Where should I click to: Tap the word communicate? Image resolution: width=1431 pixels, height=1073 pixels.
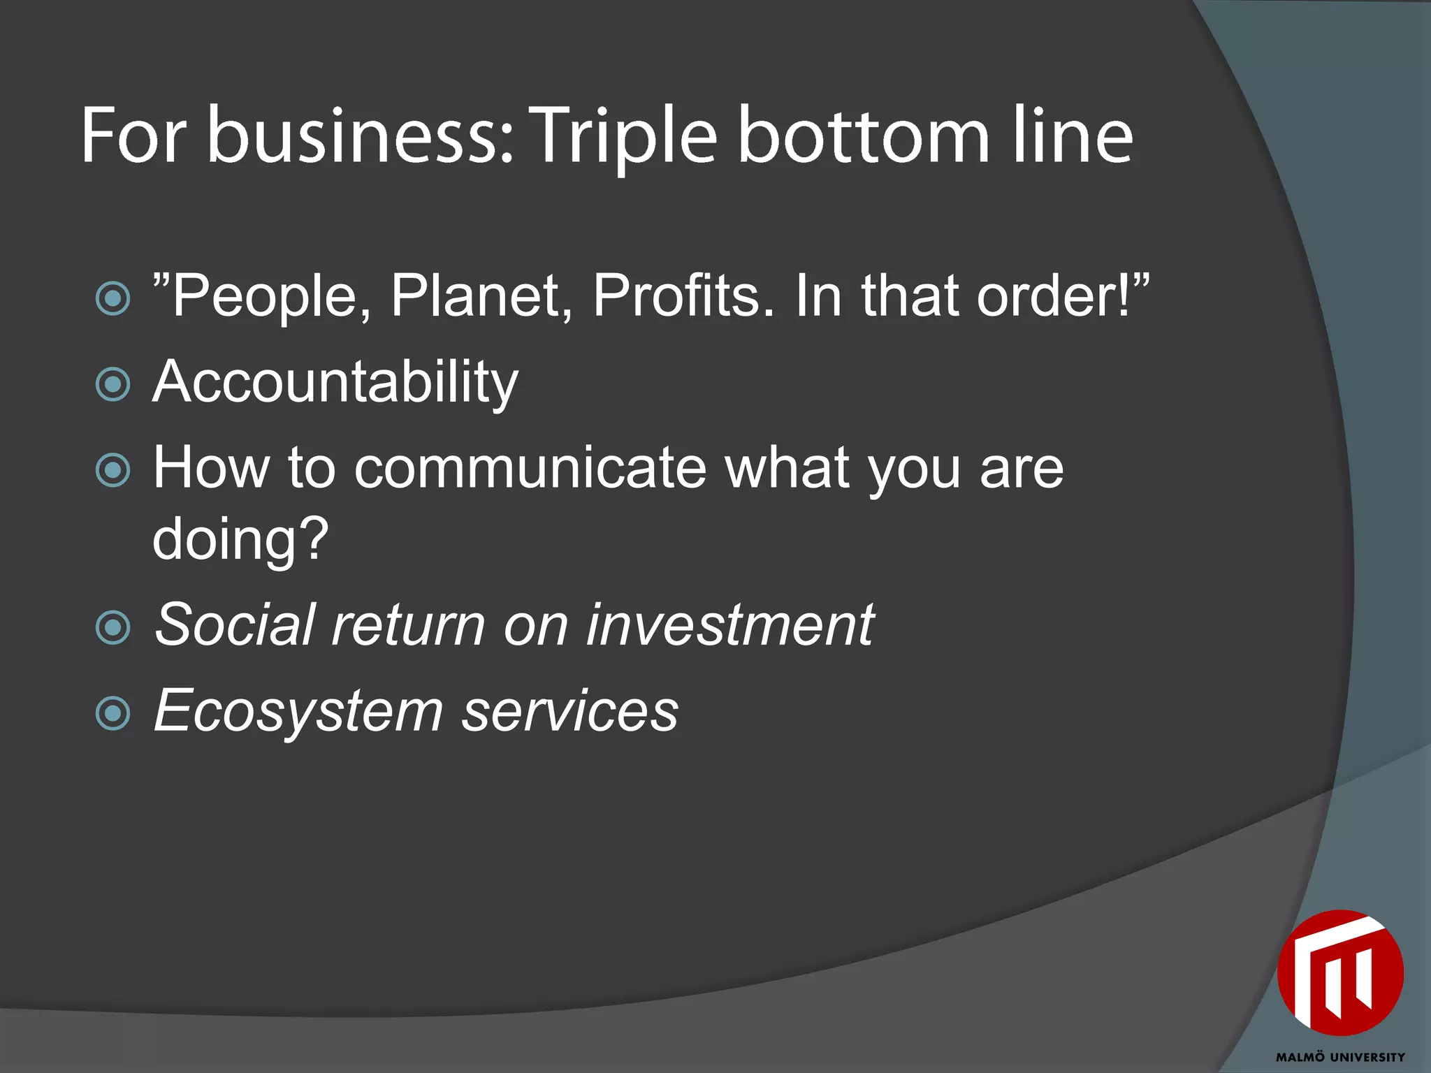pos(530,468)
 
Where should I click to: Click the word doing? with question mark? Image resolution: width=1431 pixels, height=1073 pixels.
pos(240,540)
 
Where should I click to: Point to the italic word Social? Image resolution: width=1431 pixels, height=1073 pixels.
pos(235,625)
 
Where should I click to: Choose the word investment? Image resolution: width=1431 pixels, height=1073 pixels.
pos(729,625)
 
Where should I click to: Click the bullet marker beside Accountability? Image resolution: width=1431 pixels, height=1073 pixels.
pos(112,384)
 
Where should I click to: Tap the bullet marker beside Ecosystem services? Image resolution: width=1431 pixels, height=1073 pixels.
pos(112,713)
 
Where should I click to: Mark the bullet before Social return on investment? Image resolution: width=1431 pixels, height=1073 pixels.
pos(112,627)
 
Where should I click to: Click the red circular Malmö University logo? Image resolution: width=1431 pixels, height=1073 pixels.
pos(1339,972)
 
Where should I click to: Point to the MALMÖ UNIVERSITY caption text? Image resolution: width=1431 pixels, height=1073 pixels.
pos(1339,1057)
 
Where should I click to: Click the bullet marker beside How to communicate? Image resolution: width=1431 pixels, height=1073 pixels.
pos(112,470)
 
